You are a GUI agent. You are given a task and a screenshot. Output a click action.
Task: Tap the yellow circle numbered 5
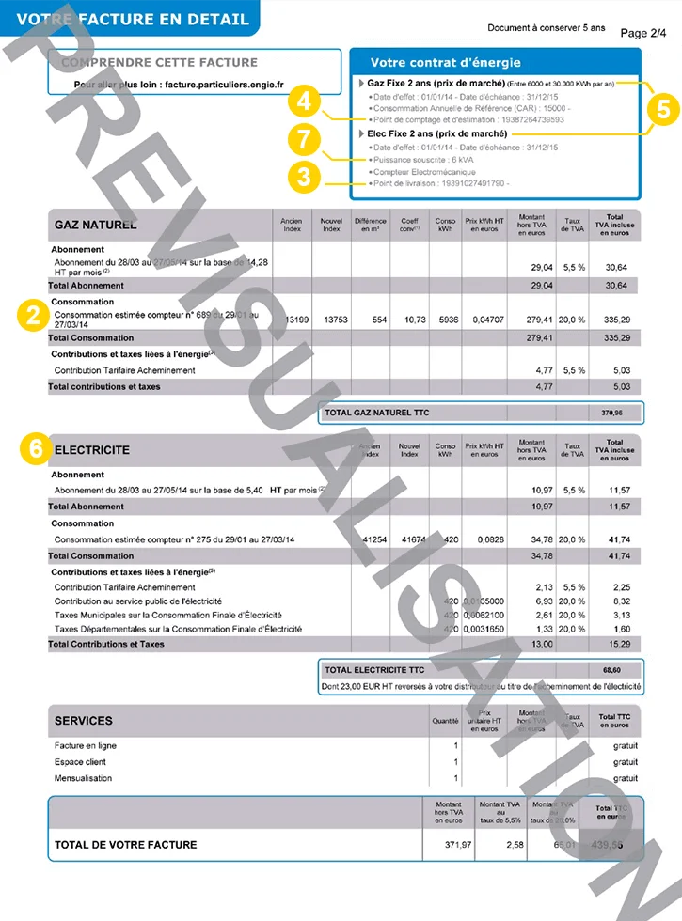click(x=662, y=108)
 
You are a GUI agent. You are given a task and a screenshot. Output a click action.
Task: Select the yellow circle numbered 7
click(x=302, y=140)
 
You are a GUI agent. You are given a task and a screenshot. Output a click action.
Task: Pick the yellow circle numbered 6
click(x=35, y=449)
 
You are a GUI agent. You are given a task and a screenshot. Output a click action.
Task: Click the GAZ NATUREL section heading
click(x=95, y=225)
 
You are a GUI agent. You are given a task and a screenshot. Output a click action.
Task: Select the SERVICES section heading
click(x=83, y=721)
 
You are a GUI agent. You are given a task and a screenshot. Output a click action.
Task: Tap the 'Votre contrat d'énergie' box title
click(x=445, y=63)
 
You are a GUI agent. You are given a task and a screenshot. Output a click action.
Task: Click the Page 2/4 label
click(x=643, y=33)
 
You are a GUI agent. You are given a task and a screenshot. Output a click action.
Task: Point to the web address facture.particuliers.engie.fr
click(x=224, y=84)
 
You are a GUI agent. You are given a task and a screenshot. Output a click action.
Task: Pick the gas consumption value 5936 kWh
click(x=449, y=320)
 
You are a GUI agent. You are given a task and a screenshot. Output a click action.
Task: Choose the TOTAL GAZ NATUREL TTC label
click(x=374, y=413)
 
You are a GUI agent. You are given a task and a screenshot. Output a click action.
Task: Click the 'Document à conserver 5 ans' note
click(x=547, y=28)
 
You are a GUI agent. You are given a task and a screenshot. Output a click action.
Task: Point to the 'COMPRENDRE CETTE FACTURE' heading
click(x=159, y=63)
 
